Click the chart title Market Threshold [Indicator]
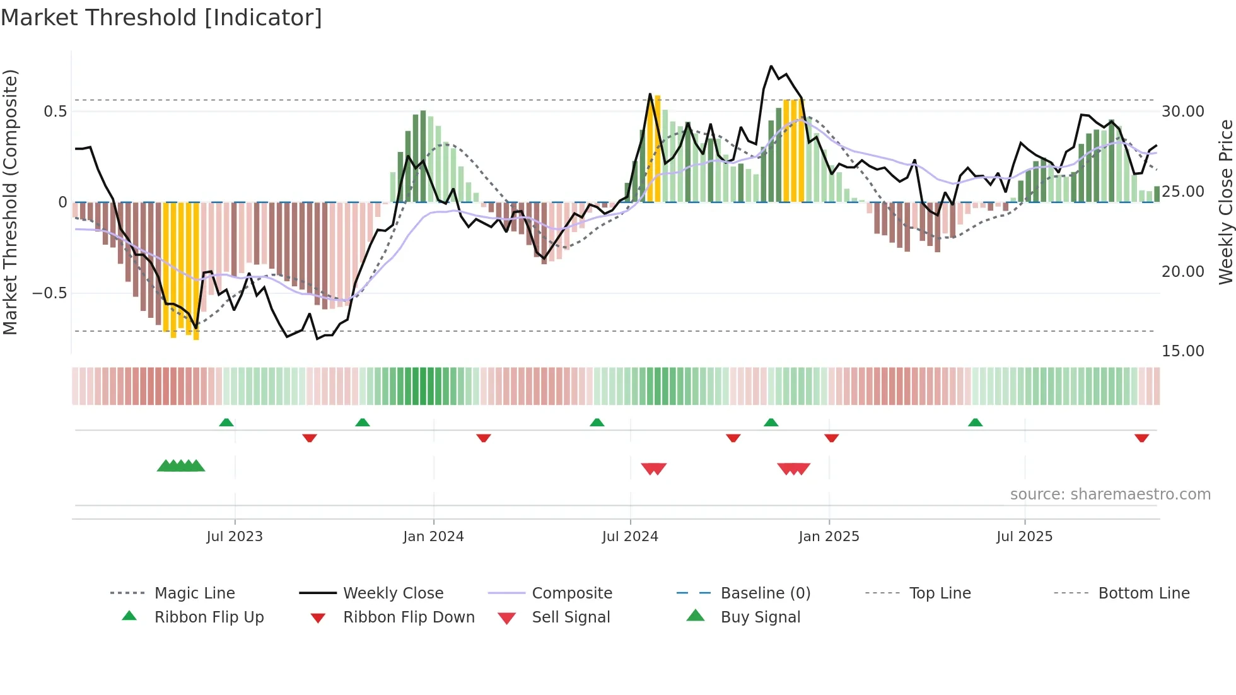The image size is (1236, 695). (161, 18)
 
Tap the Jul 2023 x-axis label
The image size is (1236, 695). (235, 537)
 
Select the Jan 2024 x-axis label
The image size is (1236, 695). (433, 537)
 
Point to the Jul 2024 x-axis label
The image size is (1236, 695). (630, 537)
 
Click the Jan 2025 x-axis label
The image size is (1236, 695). (829, 537)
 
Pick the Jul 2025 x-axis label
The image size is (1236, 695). (1024, 537)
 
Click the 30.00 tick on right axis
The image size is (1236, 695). (1182, 112)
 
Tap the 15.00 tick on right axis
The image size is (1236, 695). (1182, 351)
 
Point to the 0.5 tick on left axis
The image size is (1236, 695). (55, 112)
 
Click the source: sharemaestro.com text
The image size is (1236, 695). (1110, 494)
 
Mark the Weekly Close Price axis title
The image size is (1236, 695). (1225, 202)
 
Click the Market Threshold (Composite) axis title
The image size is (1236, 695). (10, 202)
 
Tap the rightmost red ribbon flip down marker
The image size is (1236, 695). (1141, 438)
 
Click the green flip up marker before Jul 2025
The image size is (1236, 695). (975, 423)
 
